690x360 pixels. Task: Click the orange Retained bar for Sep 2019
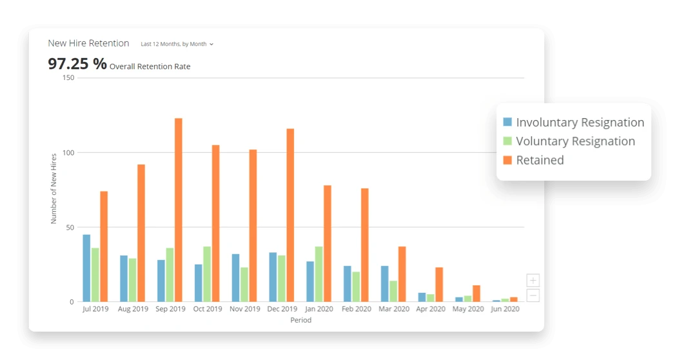coord(179,210)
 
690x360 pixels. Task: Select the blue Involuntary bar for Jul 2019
coord(86,268)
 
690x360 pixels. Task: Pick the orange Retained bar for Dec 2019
coord(290,215)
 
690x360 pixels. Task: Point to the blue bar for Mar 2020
coord(384,284)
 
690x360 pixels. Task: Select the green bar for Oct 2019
coord(207,274)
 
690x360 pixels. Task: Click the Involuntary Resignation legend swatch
coord(508,122)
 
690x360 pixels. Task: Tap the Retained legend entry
coord(540,160)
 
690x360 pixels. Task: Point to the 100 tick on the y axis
coord(68,153)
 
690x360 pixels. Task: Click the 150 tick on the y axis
coord(68,78)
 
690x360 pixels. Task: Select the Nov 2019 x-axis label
coord(245,309)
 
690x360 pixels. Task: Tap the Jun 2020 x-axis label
coord(505,309)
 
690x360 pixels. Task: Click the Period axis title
coord(301,320)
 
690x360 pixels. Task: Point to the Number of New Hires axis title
coord(54,188)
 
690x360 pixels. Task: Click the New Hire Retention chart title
coord(88,43)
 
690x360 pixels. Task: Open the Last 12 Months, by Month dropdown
coord(177,44)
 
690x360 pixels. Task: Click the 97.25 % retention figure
coord(77,64)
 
